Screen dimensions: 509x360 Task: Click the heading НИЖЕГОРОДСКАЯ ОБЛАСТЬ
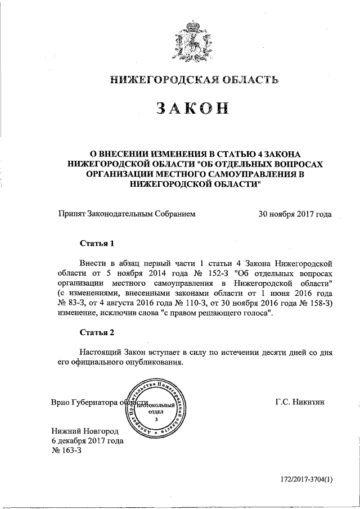click(x=193, y=81)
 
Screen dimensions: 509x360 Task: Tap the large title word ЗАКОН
click(x=193, y=110)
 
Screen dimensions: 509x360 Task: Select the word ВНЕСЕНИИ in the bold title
click(x=131, y=154)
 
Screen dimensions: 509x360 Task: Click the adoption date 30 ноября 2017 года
click(x=294, y=214)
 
